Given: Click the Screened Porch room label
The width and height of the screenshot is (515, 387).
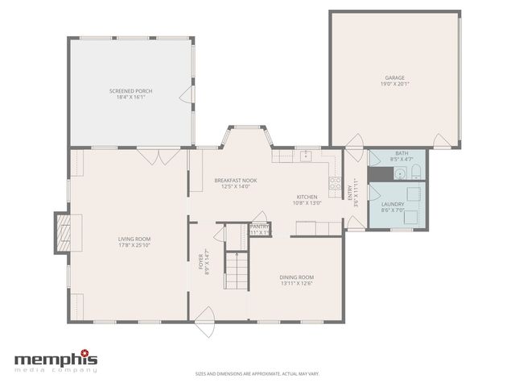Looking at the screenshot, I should (130, 91).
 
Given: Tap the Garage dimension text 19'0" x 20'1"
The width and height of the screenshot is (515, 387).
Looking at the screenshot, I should (393, 84).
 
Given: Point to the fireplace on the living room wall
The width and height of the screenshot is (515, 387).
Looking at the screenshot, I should (63, 233).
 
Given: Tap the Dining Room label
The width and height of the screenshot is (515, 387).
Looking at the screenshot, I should (296, 277).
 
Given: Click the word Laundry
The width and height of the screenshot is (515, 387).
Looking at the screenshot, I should (393, 205).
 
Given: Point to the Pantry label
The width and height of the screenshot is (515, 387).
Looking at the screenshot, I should (259, 227).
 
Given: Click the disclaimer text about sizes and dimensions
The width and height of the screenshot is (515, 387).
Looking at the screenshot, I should (257, 373).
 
